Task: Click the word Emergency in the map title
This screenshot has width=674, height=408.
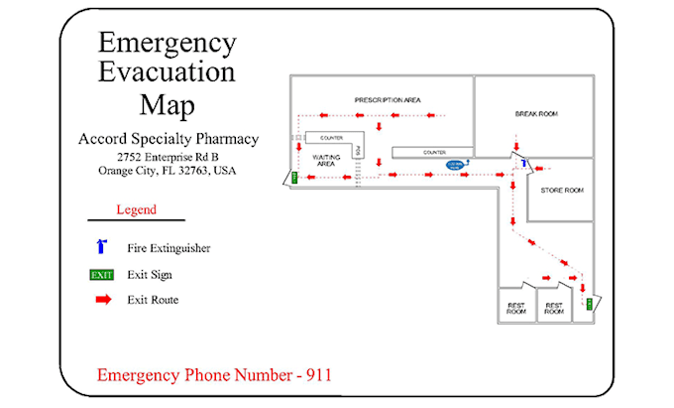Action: coord(168,44)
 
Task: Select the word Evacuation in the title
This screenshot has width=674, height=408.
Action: coord(168,73)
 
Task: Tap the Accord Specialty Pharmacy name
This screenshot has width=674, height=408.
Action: coord(168,139)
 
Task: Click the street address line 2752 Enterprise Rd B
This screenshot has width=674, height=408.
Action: coord(168,157)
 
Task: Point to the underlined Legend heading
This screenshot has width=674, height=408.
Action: coord(136,210)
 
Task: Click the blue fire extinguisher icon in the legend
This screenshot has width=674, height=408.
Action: coord(101,247)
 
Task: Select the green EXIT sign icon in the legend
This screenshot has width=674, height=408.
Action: coord(102,275)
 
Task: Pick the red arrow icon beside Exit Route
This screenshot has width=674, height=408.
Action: coord(102,300)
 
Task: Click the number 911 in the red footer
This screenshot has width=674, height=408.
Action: coord(316,375)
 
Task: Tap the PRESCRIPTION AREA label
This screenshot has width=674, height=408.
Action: coord(389,101)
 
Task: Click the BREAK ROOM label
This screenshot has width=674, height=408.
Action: coord(536,114)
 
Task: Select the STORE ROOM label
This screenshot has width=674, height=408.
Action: coord(561,190)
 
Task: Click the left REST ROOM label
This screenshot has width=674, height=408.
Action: coord(515,309)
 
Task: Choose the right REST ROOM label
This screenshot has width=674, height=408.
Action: coord(554,309)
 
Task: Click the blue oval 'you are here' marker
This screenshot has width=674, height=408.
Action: coord(455,165)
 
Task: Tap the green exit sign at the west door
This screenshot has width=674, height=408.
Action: coord(293,178)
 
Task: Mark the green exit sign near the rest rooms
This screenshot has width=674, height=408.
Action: coord(589,303)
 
